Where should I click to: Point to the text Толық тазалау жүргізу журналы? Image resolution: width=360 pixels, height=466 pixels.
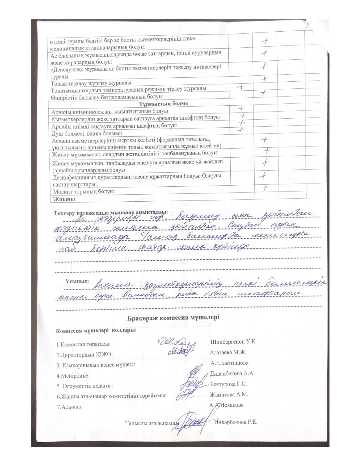click(x=91, y=83)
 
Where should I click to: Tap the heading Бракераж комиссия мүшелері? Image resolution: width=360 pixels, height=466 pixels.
click(x=173, y=317)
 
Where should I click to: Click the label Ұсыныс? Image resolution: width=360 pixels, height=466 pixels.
click(x=77, y=281)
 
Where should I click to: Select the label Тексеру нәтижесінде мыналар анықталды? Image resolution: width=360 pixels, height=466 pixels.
click(x=111, y=213)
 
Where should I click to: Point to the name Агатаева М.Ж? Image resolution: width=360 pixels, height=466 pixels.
click(x=228, y=352)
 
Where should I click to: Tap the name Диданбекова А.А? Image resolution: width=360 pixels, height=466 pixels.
click(x=233, y=373)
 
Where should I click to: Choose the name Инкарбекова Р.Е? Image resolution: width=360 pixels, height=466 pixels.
click(x=236, y=423)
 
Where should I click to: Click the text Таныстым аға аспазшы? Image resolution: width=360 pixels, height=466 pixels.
click(x=153, y=423)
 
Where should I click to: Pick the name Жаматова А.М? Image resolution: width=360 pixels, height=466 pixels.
click(x=229, y=395)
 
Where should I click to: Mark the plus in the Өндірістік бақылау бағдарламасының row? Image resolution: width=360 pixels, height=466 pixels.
click(x=263, y=93)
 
